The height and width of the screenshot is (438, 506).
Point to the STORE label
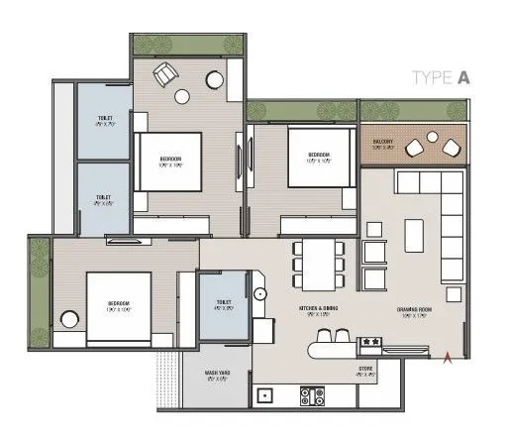[365, 371]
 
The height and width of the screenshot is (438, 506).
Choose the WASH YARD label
[218, 375]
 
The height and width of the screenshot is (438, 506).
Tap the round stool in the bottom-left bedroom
[68, 320]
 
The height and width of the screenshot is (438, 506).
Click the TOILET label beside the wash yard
[225, 304]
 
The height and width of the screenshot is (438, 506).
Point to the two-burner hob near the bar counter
[373, 343]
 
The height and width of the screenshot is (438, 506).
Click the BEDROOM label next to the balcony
[319, 155]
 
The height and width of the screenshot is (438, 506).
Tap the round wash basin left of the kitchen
[258, 294]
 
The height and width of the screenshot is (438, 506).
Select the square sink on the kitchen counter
[264, 396]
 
